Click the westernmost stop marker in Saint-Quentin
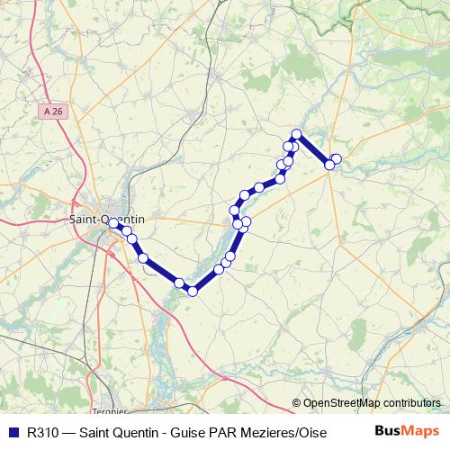(x=112, y=224)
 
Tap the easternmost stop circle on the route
(x=337, y=159)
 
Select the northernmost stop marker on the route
(x=296, y=135)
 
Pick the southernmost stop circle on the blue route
(x=193, y=291)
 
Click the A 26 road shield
(x=53, y=111)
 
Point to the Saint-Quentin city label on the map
(x=105, y=219)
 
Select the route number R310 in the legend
(x=44, y=430)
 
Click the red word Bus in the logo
(x=389, y=430)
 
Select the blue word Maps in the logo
(x=421, y=430)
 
